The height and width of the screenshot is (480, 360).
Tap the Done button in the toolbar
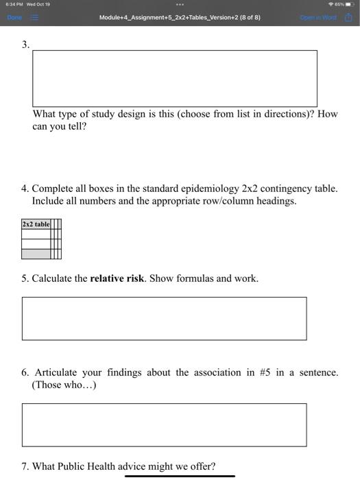pyautogui.click(x=15, y=17)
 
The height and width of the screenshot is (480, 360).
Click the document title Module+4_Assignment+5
pyautogui.click(x=180, y=17)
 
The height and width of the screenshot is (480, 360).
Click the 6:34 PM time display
pyautogui.click(x=14, y=4)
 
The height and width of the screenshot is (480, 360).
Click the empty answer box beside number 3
pyautogui.click(x=175, y=78)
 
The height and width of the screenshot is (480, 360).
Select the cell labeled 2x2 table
pyautogui.click(x=36, y=224)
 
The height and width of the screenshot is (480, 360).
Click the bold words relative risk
pyautogui.click(x=117, y=278)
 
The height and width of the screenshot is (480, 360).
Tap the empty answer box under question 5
pyautogui.click(x=164, y=318)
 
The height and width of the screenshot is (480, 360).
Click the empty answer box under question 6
pyautogui.click(x=164, y=424)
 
